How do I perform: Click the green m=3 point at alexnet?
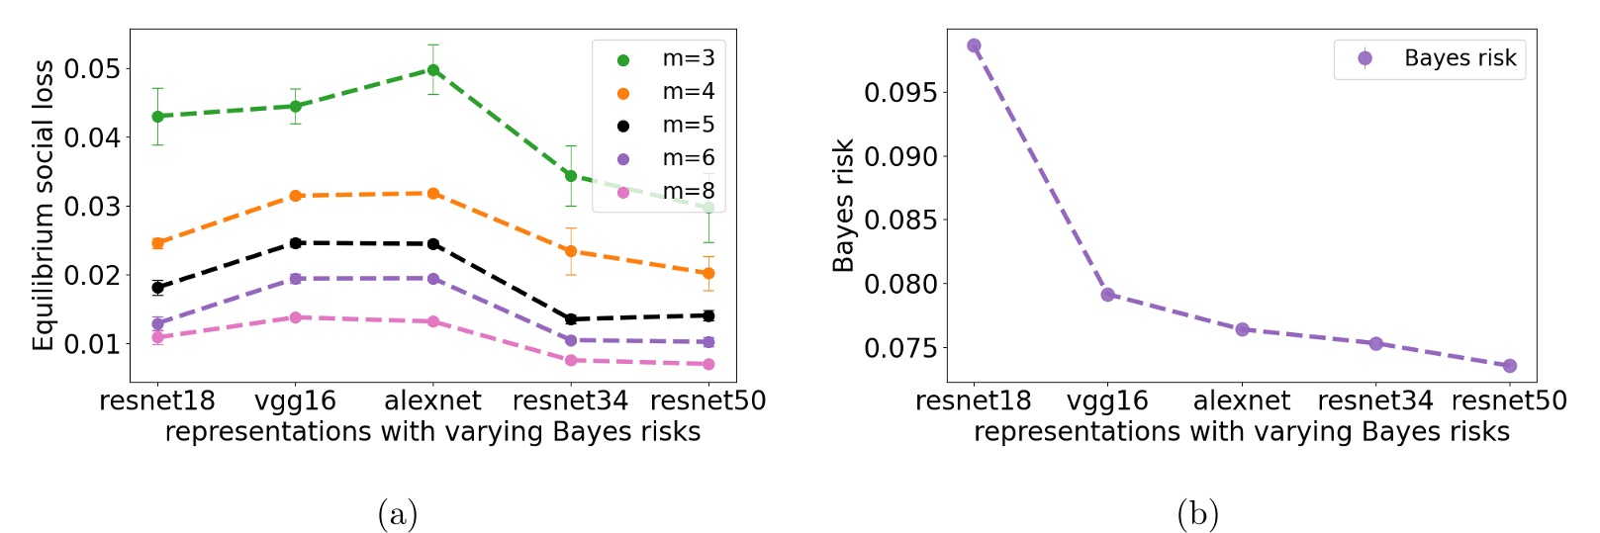432,70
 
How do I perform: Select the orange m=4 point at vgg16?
295,196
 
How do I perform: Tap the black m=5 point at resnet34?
570,319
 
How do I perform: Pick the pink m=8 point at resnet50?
707,364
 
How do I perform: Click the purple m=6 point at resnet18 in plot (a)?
157,323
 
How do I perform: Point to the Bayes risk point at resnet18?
974,45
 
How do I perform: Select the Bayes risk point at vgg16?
1107,295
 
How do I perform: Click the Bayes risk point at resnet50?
1509,366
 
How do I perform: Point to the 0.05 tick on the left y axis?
92,69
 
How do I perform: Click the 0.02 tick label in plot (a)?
92,275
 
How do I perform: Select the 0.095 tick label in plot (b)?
900,93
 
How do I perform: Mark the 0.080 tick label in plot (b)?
900,285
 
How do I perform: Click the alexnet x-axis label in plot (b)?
1241,400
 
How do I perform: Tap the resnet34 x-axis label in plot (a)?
570,400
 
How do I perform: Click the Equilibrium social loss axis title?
43,205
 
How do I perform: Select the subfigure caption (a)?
398,514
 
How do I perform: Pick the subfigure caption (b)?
1197,514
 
